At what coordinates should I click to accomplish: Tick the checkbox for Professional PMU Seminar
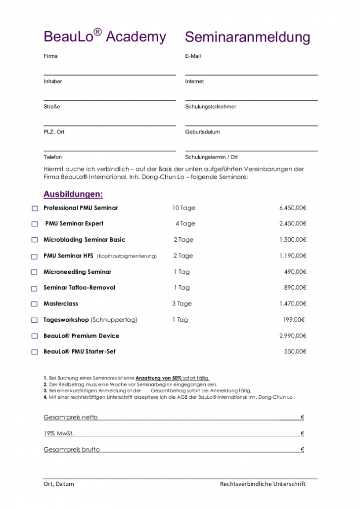click(x=35, y=209)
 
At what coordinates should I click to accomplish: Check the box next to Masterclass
click(x=35, y=304)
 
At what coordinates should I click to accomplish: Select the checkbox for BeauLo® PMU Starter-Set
click(x=35, y=352)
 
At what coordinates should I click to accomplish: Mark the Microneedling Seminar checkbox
click(x=35, y=272)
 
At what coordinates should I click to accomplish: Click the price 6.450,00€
click(x=293, y=208)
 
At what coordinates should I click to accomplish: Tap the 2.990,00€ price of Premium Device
click(x=293, y=336)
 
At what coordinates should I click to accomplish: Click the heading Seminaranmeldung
click(x=248, y=37)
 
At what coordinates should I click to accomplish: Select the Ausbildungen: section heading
click(x=73, y=194)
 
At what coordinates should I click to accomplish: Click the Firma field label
click(x=50, y=56)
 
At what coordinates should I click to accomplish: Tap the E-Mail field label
click(x=193, y=56)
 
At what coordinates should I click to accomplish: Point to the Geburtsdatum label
click(x=202, y=132)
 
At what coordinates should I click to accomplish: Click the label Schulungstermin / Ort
click(x=211, y=157)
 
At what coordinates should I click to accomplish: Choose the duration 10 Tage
click(x=183, y=208)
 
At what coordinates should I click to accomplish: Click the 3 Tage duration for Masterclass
click(x=181, y=304)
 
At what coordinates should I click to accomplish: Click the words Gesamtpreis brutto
click(x=72, y=450)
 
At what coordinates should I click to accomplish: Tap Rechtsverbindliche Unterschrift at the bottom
click(x=263, y=484)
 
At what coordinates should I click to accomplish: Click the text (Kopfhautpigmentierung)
click(x=127, y=256)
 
